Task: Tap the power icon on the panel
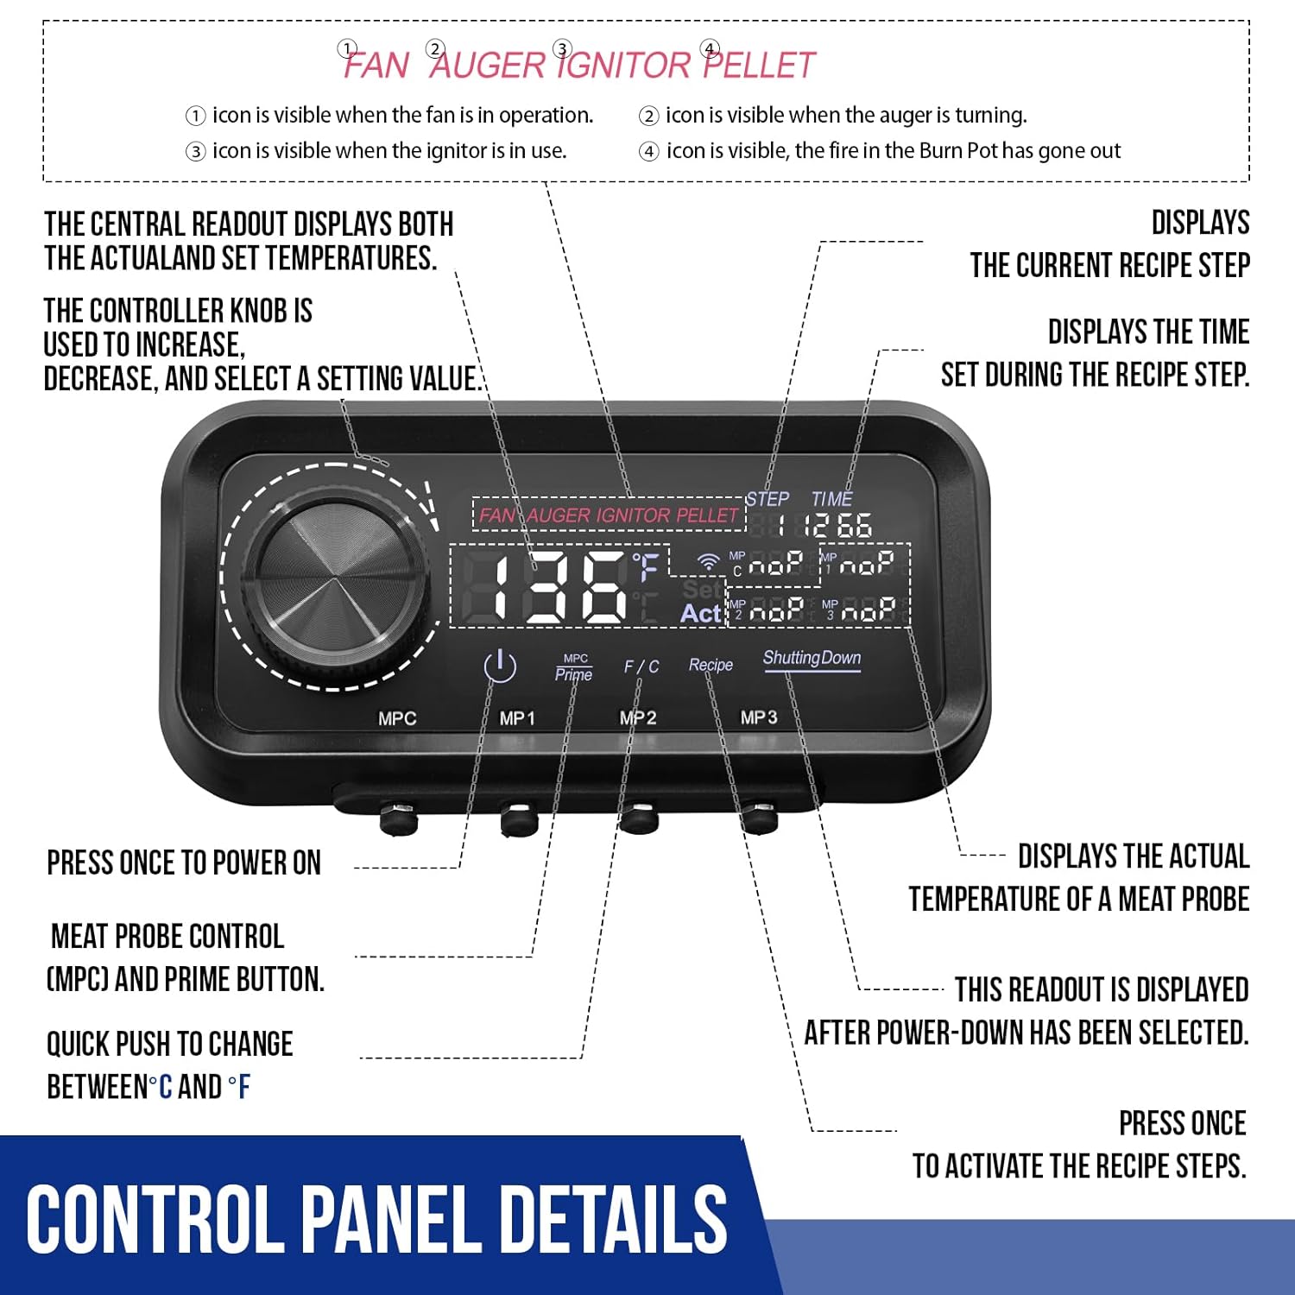click(500, 666)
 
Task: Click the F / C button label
click(641, 666)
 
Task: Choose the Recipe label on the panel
click(711, 665)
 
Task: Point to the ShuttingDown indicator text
click(812, 658)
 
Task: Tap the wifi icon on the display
click(709, 562)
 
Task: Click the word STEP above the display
click(768, 499)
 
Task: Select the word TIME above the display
click(831, 499)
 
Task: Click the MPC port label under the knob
click(397, 718)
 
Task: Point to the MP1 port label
click(517, 718)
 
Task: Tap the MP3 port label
click(759, 717)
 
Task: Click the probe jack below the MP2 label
click(639, 817)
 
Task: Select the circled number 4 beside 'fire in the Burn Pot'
click(648, 152)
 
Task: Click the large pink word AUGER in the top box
click(489, 66)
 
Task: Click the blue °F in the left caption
click(239, 1086)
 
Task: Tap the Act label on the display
click(700, 613)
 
